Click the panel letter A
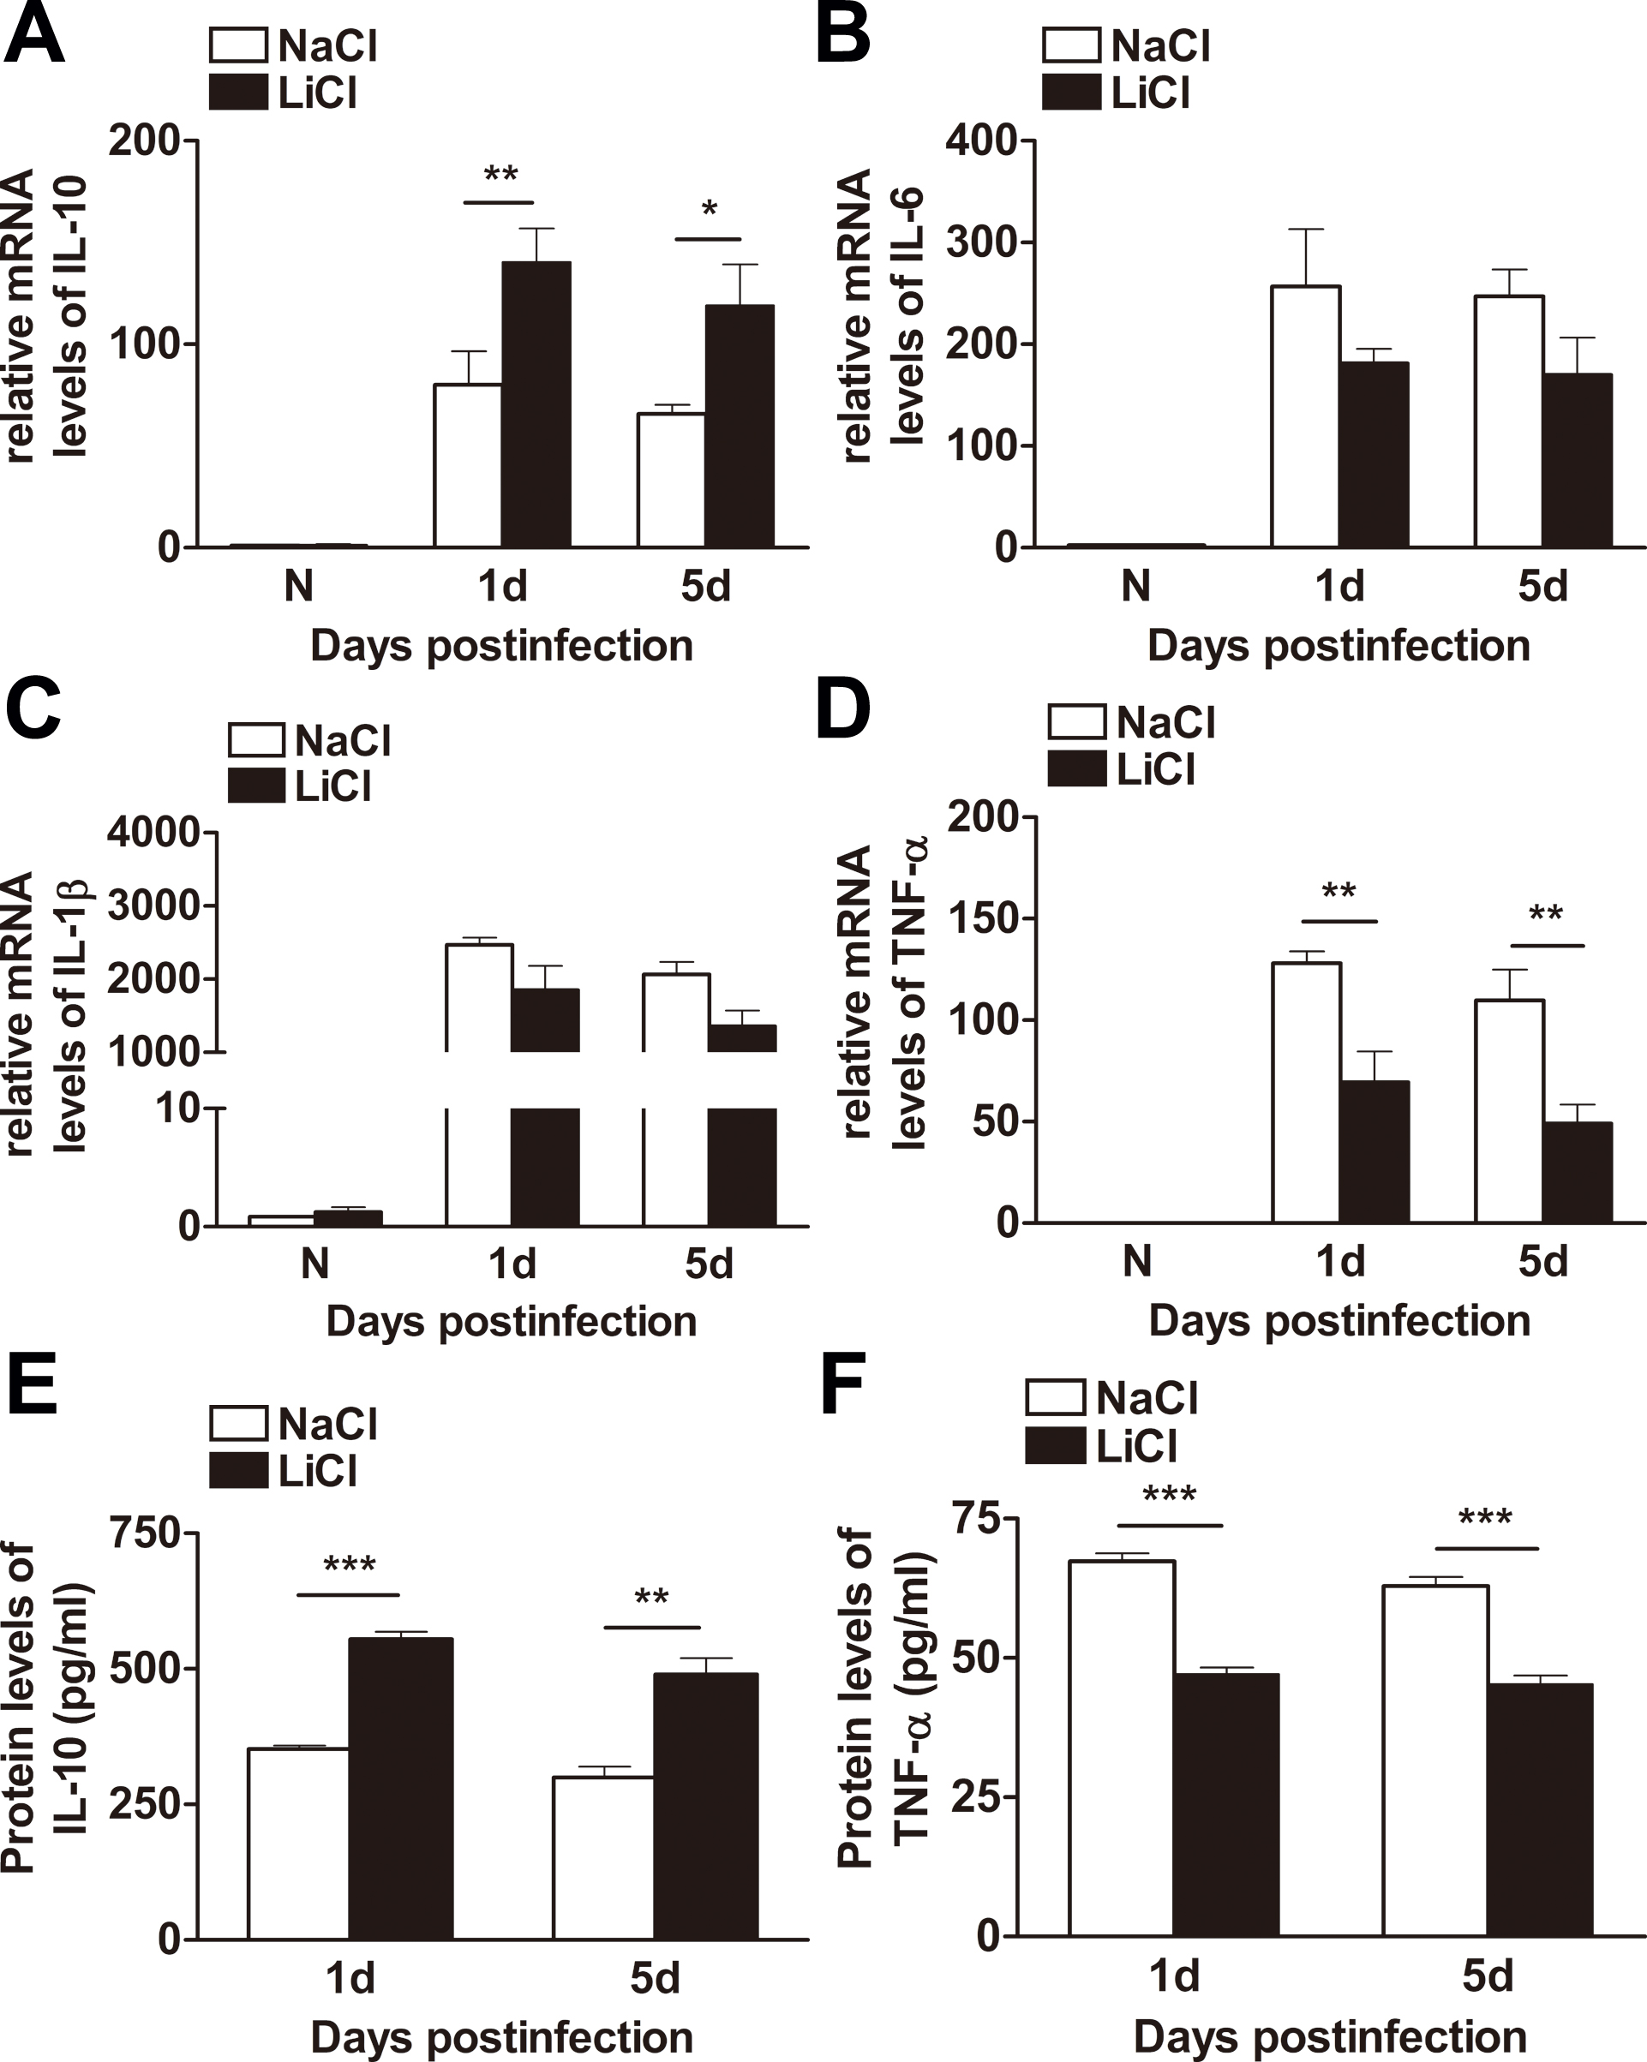(x=34, y=34)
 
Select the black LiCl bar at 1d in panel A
(x=536, y=403)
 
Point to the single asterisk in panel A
(x=709, y=209)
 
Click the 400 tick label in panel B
(x=980, y=140)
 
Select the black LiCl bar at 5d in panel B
(x=1578, y=460)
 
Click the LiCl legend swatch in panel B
(x=1071, y=93)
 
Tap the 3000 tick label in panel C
(x=153, y=905)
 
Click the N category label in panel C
(x=314, y=1264)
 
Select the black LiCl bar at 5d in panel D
(x=1578, y=1172)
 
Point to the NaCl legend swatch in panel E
(x=238, y=1423)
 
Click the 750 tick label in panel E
(x=146, y=1533)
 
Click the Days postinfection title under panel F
(x=1329, y=2035)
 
